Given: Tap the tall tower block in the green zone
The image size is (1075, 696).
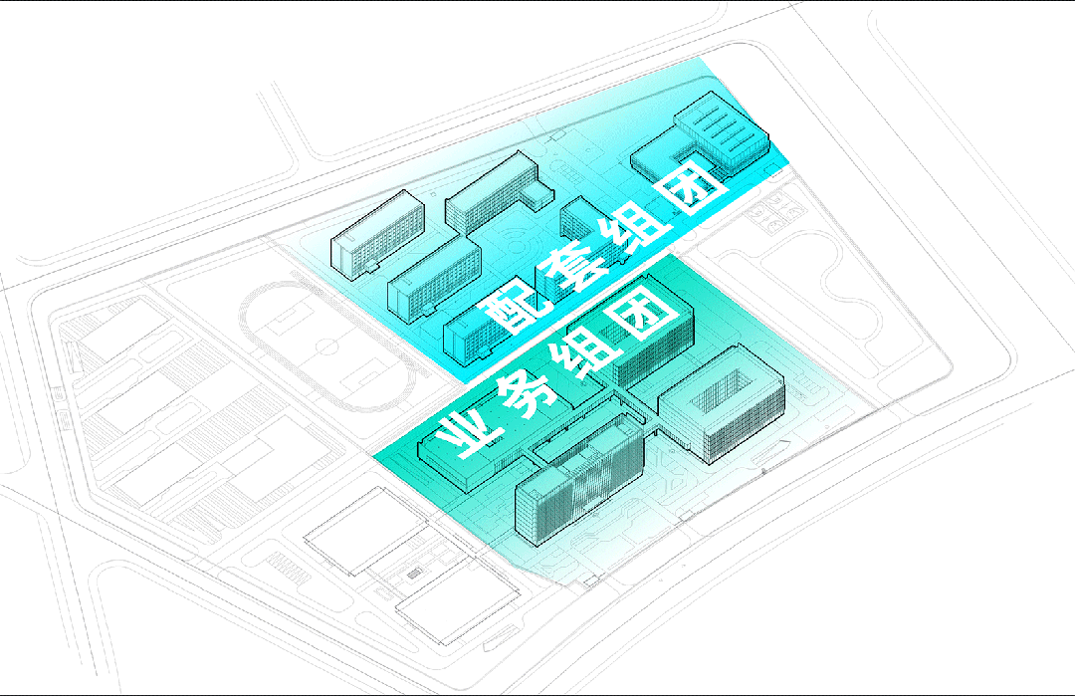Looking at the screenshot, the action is coord(579,479).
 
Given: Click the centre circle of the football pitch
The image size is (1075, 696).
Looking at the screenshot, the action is coord(327,348).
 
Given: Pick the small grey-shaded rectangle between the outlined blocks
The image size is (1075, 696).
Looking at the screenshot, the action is coord(413,574).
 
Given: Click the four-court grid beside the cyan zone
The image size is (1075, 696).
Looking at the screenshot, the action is coord(775,211).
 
